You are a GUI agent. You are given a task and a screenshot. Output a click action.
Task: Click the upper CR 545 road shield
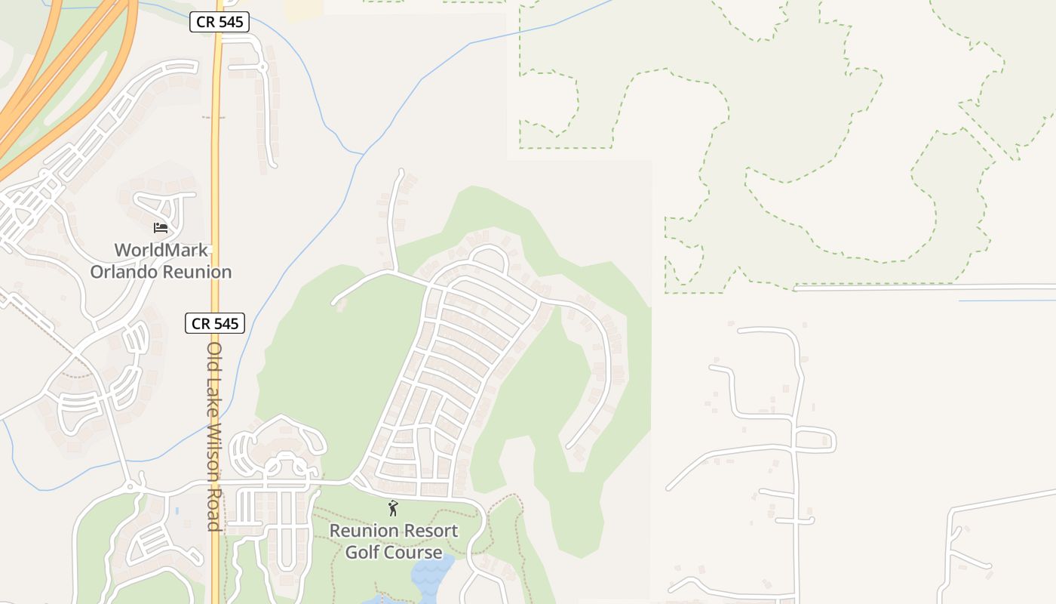click(219, 23)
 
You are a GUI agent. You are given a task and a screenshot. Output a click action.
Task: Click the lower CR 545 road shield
click(215, 324)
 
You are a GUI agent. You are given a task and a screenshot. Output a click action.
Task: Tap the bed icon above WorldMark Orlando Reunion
click(160, 227)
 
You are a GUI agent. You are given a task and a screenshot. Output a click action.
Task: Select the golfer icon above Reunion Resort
click(392, 508)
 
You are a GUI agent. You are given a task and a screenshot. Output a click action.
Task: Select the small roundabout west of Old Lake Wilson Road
click(130, 486)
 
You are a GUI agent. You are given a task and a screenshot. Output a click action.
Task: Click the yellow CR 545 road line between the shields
click(217, 174)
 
